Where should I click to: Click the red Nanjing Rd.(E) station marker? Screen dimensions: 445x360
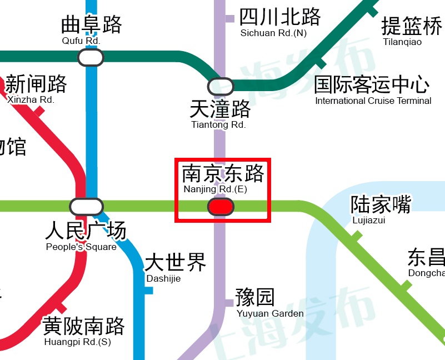pyautogui.click(x=221, y=207)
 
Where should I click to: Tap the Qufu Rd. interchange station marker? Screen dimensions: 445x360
pyautogui.click(x=91, y=57)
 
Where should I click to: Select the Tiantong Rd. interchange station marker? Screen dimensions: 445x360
pyautogui.click(x=221, y=87)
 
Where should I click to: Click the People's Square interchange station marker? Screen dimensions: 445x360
pyautogui.click(x=86, y=207)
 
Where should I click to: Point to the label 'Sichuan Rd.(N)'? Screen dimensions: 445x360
pyautogui.click(x=273, y=33)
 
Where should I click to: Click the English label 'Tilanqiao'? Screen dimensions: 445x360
pyautogui.click(x=402, y=42)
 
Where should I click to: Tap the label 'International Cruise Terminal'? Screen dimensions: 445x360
pyautogui.click(x=373, y=101)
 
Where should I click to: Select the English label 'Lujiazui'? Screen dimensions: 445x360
pyautogui.click(x=369, y=221)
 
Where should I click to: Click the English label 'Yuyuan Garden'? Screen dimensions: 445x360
pyautogui.click(x=270, y=313)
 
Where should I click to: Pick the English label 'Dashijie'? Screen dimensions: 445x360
pyautogui.click(x=163, y=278)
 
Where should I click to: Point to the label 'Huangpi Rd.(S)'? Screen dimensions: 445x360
pyautogui.click(x=78, y=342)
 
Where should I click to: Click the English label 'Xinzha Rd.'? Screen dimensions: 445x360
pyautogui.click(x=31, y=100)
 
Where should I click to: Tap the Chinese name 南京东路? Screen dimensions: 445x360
pyautogui.click(x=223, y=174)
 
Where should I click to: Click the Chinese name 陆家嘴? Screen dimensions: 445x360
pyautogui.click(x=381, y=204)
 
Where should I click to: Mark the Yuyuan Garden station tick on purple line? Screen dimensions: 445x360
pyautogui.click(x=228, y=303)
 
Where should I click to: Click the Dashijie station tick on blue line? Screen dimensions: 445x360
pyautogui.click(x=148, y=291)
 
